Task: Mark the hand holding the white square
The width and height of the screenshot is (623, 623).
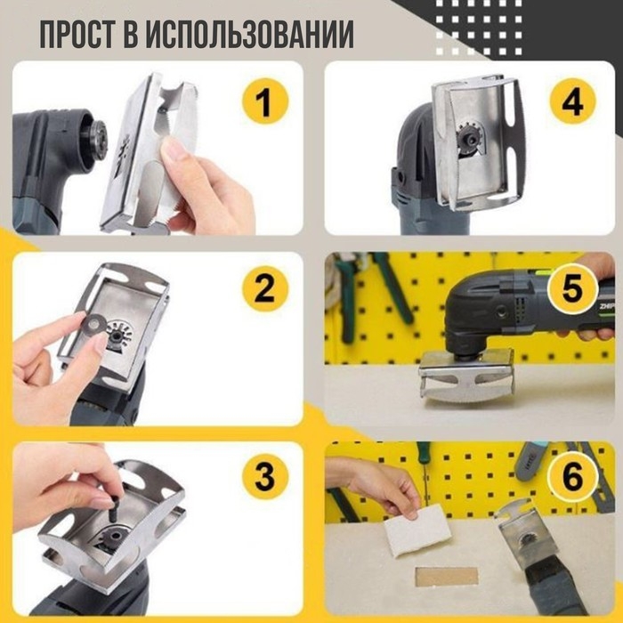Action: coord(378,485)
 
